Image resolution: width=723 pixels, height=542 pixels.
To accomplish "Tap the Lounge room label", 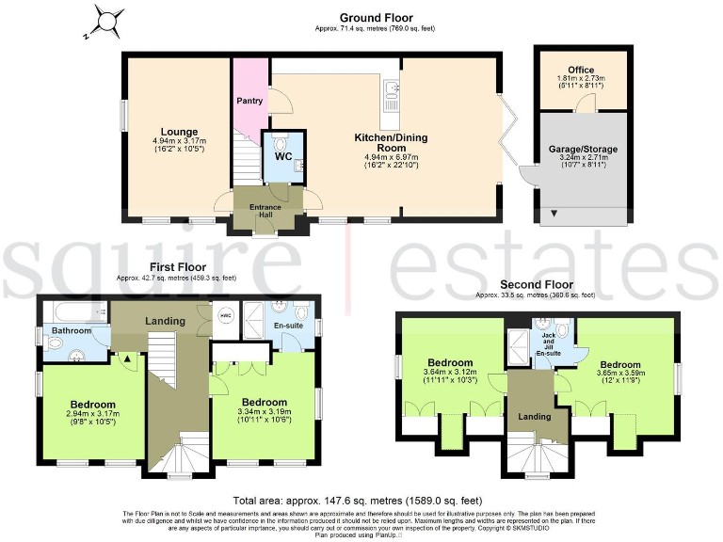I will [x=179, y=132].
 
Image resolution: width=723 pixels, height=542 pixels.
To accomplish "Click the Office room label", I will [x=580, y=70].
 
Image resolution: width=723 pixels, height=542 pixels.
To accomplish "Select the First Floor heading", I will [x=176, y=268].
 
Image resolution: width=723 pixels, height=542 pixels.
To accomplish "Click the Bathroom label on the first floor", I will [x=72, y=331].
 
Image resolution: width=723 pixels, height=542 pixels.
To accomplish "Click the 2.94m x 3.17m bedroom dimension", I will [x=91, y=415].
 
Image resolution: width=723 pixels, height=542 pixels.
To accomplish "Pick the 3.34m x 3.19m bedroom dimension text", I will [x=265, y=412].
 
